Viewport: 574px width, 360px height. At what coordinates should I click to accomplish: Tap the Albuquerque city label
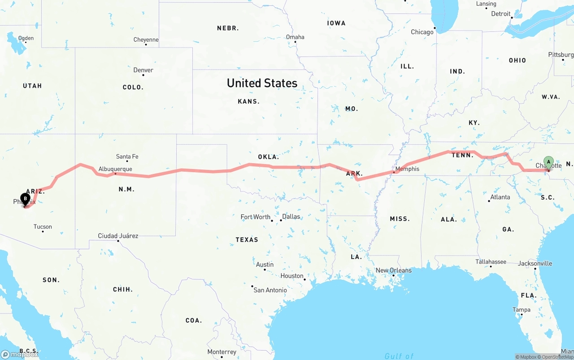point(115,169)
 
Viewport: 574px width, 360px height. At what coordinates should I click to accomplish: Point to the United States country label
point(262,83)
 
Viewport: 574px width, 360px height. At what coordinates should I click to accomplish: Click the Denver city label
point(143,70)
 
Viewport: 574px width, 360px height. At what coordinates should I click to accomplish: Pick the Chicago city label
point(422,32)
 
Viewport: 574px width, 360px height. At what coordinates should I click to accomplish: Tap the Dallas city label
point(291,217)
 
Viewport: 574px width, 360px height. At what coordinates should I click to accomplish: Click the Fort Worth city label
point(256,217)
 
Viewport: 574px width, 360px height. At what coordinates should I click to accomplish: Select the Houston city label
point(292,276)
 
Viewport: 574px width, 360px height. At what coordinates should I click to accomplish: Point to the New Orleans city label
point(393,270)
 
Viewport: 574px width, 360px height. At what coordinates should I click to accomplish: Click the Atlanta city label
point(500,197)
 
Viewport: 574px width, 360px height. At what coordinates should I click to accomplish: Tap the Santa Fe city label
point(127,156)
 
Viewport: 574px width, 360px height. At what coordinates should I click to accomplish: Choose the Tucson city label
point(43,227)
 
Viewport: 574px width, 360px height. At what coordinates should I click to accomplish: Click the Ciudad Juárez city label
point(118,236)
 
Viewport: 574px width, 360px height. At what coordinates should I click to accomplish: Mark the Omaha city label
point(295,37)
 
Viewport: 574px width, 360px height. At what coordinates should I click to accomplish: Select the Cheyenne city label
point(146,40)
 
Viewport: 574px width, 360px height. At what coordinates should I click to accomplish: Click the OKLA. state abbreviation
point(268,157)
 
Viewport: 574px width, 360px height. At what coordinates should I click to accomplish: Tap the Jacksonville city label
point(535,263)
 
